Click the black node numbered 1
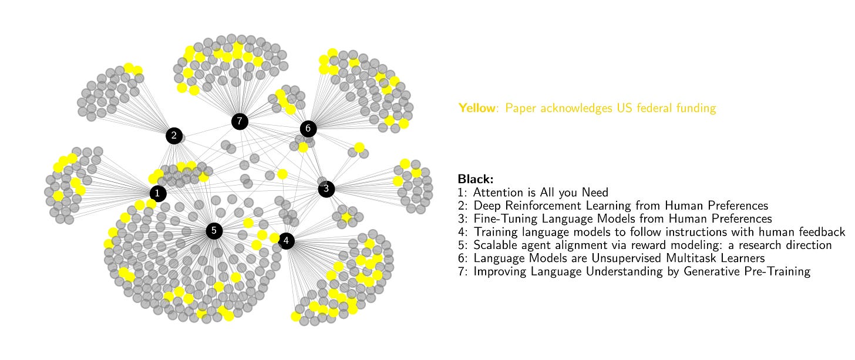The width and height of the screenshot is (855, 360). pyautogui.click(x=157, y=193)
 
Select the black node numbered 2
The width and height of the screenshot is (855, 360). pyautogui.click(x=174, y=136)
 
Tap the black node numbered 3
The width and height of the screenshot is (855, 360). pyautogui.click(x=326, y=189)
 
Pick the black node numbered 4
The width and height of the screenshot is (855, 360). pyautogui.click(x=286, y=240)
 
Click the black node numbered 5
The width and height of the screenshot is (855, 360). pyautogui.click(x=214, y=231)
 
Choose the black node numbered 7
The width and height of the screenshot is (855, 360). pyautogui.click(x=239, y=122)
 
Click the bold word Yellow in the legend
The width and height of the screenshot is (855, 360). pyautogui.click(x=477, y=108)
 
